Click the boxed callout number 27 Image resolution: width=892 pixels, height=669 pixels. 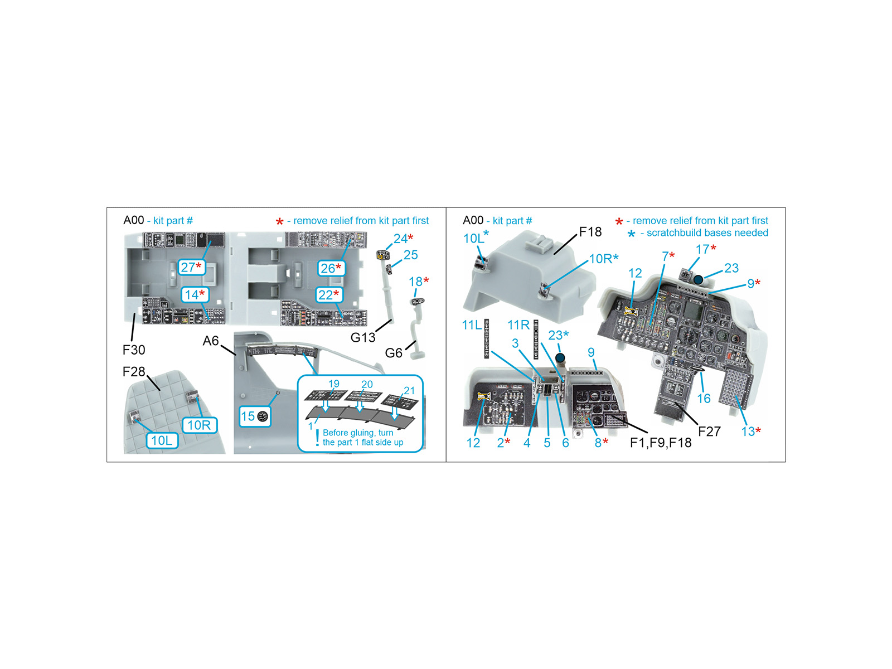(191, 267)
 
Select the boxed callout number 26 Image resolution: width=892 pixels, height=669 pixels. (331, 268)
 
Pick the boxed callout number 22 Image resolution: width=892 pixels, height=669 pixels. (329, 295)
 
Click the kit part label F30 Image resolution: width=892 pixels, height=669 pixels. (134, 350)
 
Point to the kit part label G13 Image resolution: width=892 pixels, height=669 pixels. (363, 337)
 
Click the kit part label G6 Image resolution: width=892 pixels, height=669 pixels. (394, 353)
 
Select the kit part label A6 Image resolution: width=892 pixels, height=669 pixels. (211, 341)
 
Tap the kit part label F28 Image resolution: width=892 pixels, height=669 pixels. (134, 372)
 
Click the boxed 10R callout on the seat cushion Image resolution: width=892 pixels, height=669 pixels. (200, 425)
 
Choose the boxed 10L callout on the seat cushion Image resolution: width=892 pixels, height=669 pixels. (162, 440)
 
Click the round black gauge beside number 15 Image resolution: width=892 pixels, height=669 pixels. (263, 416)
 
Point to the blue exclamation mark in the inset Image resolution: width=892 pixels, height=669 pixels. (317, 438)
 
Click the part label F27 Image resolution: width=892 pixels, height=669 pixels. (709, 432)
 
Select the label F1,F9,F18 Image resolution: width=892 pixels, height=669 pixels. (661, 442)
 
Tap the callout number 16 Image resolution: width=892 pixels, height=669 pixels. (704, 399)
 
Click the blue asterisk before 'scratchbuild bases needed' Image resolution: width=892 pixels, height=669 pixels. (631, 234)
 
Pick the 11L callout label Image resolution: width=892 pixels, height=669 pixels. (472, 325)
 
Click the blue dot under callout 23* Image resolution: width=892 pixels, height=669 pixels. (560, 358)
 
